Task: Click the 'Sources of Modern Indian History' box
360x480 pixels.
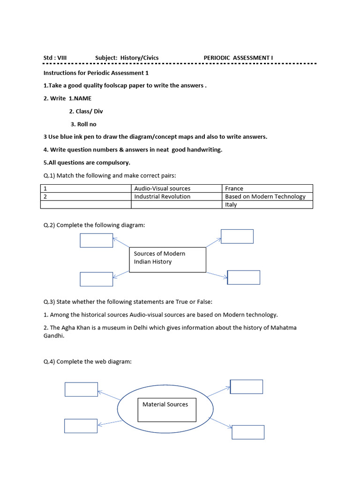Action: (167, 260)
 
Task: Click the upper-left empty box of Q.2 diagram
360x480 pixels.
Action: (96, 240)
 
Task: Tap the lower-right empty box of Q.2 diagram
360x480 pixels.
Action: (243, 277)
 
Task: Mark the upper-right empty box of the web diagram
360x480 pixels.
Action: (247, 387)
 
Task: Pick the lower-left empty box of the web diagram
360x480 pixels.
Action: (81, 426)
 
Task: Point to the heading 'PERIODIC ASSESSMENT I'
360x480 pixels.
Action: (238, 58)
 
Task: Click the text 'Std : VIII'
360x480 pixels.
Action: (55, 58)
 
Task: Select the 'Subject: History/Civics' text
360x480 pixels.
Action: (127, 58)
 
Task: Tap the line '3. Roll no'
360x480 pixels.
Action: (83, 124)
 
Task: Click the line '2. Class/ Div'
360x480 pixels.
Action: (86, 112)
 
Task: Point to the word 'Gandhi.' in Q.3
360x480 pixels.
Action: (53, 336)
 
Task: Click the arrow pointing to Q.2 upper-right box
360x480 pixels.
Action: (213, 242)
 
